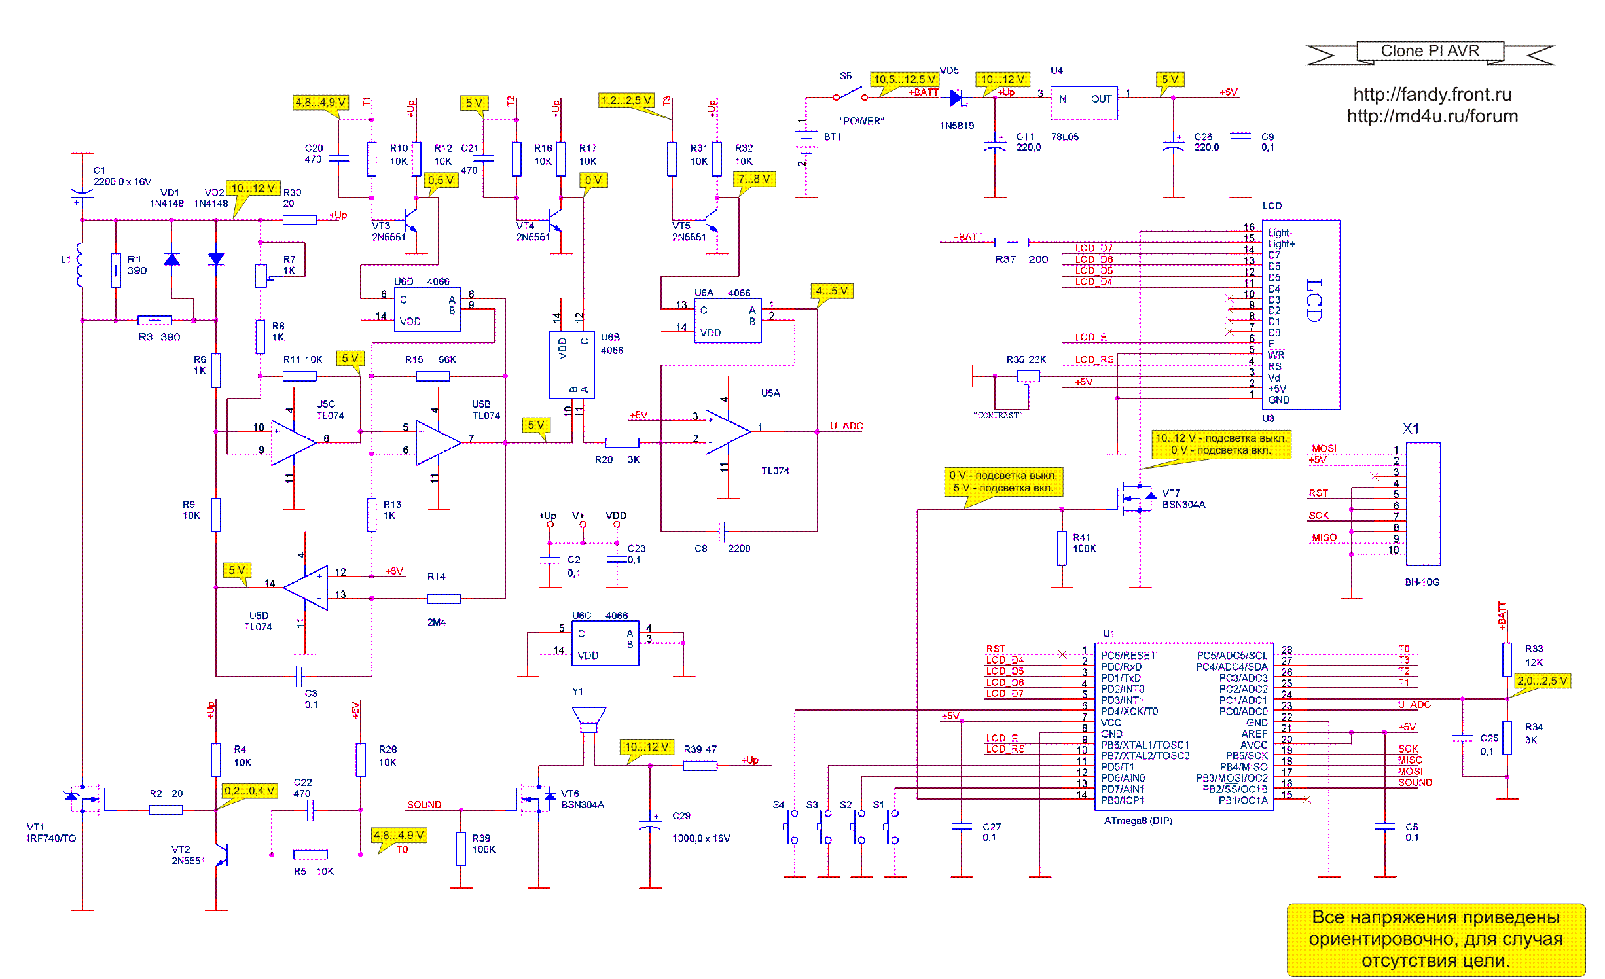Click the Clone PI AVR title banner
pos(1430,52)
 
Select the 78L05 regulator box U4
pos(1084,103)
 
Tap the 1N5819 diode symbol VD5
pos(957,98)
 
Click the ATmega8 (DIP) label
pos(1138,821)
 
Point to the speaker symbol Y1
pos(588,719)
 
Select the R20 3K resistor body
pos(622,442)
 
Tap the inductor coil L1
pos(80,265)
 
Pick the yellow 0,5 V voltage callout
pos(441,180)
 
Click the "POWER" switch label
pos(861,121)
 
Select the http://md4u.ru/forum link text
pos(1432,116)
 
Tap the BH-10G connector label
pos(1422,582)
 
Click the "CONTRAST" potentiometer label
pos(998,416)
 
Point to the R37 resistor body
pos(1011,242)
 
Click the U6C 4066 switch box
pos(605,644)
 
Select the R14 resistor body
pos(444,599)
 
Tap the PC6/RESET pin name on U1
pos(1128,656)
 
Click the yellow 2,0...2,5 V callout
pos(1542,681)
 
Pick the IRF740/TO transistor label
pos(51,838)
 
